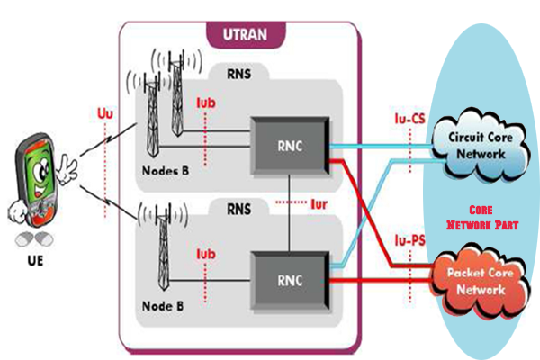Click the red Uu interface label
point(105,114)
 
